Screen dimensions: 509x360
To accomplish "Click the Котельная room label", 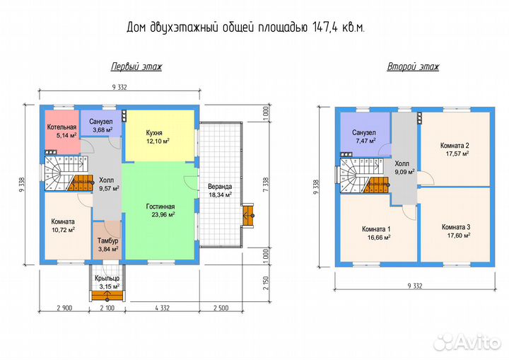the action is (62, 127).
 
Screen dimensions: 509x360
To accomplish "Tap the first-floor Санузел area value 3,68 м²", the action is (103, 130).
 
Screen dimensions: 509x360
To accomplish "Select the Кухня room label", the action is (154, 133).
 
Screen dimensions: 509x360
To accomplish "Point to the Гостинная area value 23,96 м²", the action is (163, 214).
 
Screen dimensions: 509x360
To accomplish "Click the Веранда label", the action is (220, 187).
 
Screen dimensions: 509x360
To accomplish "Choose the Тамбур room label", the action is (107, 241).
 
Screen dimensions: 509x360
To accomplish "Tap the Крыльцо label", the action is (107, 279).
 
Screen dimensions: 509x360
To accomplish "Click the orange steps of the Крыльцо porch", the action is (107, 295).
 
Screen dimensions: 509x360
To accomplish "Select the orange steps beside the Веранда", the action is (248, 215).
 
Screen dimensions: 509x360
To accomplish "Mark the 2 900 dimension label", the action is (64, 308).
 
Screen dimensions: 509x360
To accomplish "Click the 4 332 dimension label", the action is (162, 308).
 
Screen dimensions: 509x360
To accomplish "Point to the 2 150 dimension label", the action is (266, 284).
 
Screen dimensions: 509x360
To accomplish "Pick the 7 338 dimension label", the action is (266, 184).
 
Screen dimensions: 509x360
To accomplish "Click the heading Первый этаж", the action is (136, 67).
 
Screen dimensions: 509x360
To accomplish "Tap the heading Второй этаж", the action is (413, 67).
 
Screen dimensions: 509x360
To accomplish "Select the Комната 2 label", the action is (455, 146).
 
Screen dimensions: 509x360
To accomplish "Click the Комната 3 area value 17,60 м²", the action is (459, 236).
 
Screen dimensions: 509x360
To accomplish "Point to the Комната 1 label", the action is (376, 229).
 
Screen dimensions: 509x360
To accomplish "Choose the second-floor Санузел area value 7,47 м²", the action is (365, 141).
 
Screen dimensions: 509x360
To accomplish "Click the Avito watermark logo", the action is (467, 342).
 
